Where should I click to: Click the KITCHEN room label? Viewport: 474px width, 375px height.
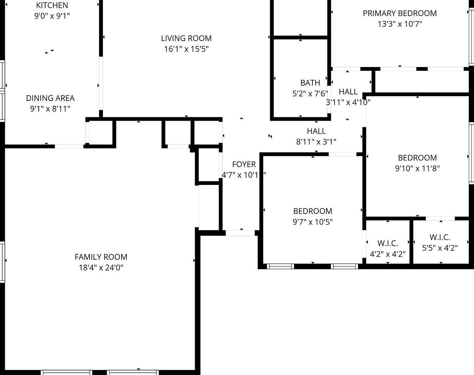pyautogui.click(x=52, y=5)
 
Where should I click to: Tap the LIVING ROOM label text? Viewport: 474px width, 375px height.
pyautogui.click(x=186, y=38)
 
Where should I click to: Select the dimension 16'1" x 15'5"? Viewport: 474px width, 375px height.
pyautogui.click(x=186, y=49)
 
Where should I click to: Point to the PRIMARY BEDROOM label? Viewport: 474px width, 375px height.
pyautogui.click(x=400, y=13)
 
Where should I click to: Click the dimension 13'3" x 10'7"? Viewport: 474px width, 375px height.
pyautogui.click(x=400, y=24)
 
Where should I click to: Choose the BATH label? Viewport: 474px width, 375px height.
pyautogui.click(x=310, y=83)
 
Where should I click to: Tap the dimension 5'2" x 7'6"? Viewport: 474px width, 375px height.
pyautogui.click(x=310, y=94)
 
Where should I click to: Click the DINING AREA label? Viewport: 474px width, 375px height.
pyautogui.click(x=50, y=98)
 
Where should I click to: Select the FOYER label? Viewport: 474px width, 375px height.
pyautogui.click(x=244, y=164)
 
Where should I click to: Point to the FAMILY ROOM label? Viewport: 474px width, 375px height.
pyautogui.click(x=101, y=257)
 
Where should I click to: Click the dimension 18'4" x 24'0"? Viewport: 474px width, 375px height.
pyautogui.click(x=101, y=268)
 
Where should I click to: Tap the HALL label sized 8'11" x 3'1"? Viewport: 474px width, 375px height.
pyautogui.click(x=316, y=131)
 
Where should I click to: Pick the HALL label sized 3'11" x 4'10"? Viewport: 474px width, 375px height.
pyautogui.click(x=348, y=91)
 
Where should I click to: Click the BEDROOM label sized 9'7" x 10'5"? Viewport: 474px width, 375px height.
pyautogui.click(x=313, y=211)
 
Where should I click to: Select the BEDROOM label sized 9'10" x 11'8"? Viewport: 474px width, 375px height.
pyautogui.click(x=417, y=158)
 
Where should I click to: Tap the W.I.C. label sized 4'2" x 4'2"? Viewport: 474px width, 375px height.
pyautogui.click(x=388, y=243)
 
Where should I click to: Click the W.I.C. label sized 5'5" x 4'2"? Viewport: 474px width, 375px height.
pyautogui.click(x=440, y=237)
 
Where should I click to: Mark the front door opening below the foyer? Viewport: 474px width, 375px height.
pyautogui.click(x=240, y=233)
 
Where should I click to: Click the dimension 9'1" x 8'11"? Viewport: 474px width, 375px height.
pyautogui.click(x=50, y=109)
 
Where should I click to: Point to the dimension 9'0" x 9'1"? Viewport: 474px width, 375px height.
pyautogui.click(x=52, y=16)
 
